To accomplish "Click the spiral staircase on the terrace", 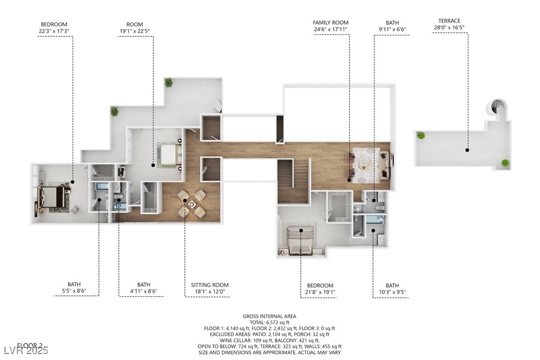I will click(497, 109).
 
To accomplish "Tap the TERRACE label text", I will click(450, 21).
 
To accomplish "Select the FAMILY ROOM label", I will click(331, 22).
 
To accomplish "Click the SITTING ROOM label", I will click(210, 285).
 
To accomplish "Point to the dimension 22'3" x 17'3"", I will click(54, 31).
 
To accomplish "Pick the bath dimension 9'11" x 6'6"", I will click(392, 29).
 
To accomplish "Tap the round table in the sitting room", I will click(191, 203).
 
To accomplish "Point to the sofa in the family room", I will click(385, 166).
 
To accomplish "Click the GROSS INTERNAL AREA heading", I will click(270, 316).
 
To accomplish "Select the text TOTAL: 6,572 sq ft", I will click(270, 322).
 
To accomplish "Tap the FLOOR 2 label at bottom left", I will click(30, 345).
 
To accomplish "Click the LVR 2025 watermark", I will click(25, 351).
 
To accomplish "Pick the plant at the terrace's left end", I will click(421, 135).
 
